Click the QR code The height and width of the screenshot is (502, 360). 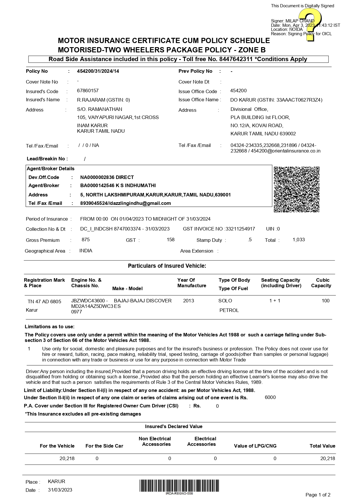pos(297,189)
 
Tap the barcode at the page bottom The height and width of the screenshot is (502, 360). pos(179,486)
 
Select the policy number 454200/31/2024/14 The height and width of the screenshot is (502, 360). pos(98,71)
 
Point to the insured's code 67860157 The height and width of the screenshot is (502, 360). pos(88,91)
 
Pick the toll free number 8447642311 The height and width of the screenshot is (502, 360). pos(236,59)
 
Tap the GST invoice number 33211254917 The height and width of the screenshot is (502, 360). pos(240,229)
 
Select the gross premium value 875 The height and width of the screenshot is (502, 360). pos(86,240)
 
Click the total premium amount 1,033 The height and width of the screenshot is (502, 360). pos(299,240)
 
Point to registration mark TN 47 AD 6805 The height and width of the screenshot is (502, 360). pos(44,301)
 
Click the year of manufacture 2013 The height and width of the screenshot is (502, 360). pos(188,301)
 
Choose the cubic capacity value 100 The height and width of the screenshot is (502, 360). pos(325,301)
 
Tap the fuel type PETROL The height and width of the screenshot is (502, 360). pos(229,310)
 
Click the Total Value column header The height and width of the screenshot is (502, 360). pos(322,446)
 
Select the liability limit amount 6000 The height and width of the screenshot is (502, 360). pos(270,398)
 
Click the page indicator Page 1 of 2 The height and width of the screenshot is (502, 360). pos(318,495)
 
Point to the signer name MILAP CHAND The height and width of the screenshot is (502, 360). pos(300,21)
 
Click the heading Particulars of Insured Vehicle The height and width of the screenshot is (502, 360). pos(167,266)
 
